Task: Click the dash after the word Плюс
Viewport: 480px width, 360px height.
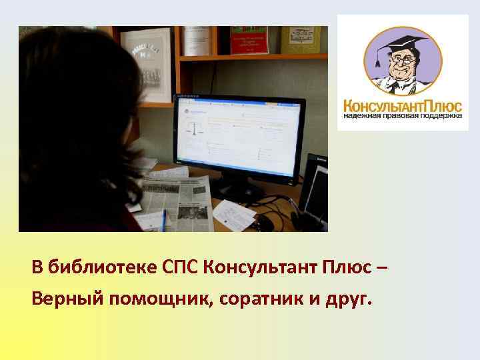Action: coord(381,268)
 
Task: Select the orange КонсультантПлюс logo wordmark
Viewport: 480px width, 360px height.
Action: coord(403,105)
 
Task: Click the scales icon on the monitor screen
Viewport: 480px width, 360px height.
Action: coord(195,128)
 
